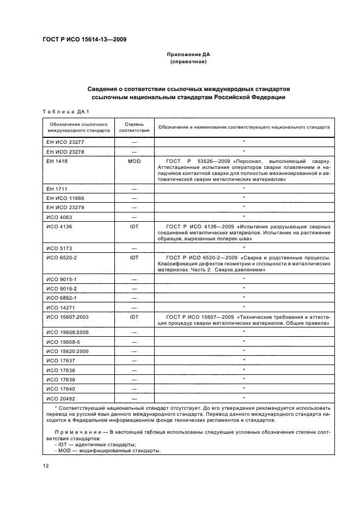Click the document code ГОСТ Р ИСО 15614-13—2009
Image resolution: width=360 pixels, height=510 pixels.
point(81,39)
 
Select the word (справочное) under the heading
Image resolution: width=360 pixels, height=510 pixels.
point(188,62)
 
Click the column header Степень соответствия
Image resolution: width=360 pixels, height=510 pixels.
point(134,127)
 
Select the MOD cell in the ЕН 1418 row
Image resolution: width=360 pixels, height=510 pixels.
point(134,161)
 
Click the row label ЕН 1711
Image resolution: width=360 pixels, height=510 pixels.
point(57,188)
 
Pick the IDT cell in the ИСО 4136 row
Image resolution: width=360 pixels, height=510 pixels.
point(134,226)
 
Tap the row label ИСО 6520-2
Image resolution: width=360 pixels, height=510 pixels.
point(62,257)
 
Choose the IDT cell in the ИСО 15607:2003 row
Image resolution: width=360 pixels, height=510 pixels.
point(134,317)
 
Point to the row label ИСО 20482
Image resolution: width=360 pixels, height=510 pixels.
point(60,398)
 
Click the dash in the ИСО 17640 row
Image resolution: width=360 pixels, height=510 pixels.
point(134,388)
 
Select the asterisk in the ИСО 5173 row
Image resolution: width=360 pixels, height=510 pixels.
point(243,247)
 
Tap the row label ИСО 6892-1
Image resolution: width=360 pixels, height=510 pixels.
point(62,297)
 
